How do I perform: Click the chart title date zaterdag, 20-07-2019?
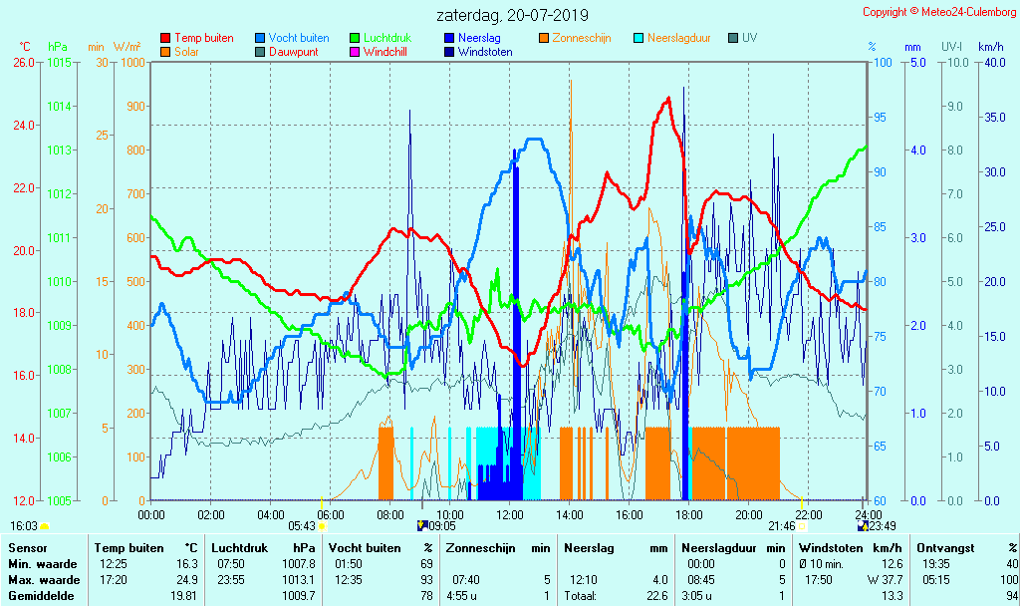pos(512,15)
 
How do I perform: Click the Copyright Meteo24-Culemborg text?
pos(939,12)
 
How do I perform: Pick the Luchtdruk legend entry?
pos(388,38)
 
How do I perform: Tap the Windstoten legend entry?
pos(485,52)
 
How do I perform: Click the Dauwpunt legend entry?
pos(294,52)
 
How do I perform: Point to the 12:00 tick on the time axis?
pos(510,514)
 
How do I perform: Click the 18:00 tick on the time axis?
pos(689,514)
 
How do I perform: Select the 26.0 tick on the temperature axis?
pos(22,63)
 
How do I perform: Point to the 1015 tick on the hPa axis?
pos(59,63)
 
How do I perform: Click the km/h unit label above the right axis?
pos(990,47)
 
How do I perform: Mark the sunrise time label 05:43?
pos(302,526)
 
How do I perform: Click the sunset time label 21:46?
pos(781,526)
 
